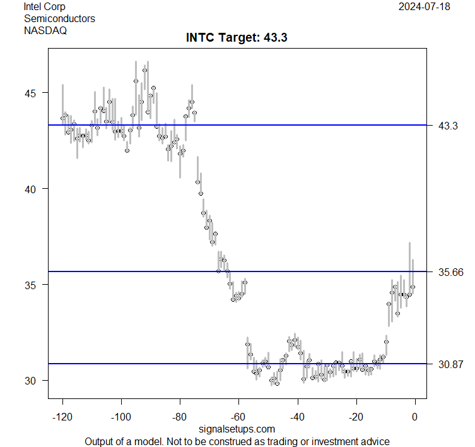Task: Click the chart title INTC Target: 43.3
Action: [237, 38]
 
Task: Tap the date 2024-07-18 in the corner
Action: [428, 7]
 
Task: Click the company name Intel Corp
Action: [44, 7]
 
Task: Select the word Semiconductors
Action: [59, 18]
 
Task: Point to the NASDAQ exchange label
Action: [45, 30]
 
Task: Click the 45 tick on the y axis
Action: [31, 93]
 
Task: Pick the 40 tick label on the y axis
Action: [31, 189]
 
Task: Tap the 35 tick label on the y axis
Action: [31, 285]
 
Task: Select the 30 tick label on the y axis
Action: [31, 381]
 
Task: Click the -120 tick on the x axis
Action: [62, 417]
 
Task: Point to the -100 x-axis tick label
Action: [120, 417]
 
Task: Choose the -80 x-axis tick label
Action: [180, 417]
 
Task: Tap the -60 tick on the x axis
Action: [238, 417]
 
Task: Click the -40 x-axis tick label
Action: [297, 417]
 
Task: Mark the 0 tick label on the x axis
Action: [415, 417]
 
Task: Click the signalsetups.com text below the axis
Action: [237, 429]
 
